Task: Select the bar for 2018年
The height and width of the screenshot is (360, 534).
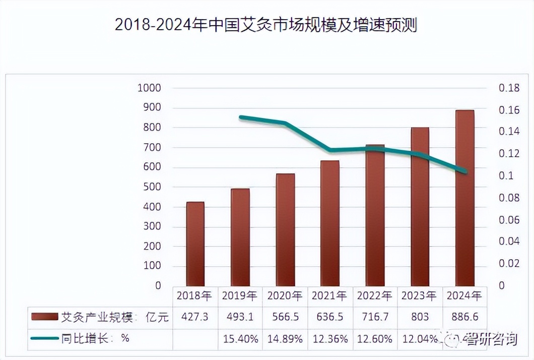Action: click(195, 244)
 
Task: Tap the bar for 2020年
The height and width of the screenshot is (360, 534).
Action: click(285, 230)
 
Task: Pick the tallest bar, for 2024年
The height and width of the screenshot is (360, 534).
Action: click(464, 198)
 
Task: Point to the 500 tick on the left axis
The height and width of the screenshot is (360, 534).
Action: click(151, 187)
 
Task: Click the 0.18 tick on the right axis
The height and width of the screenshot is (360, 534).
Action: click(509, 88)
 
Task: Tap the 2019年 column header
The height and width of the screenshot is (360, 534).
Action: click(240, 295)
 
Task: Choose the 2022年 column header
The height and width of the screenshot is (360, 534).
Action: click(374, 295)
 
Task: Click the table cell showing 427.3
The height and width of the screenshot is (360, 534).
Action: click(195, 317)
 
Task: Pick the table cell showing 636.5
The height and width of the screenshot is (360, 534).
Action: click(330, 317)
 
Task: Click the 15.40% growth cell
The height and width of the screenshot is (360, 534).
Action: click(240, 339)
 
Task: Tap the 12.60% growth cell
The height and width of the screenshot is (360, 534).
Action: click(375, 339)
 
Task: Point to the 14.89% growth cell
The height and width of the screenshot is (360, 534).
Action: click(285, 339)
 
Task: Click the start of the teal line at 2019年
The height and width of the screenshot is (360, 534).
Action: click(241, 117)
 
